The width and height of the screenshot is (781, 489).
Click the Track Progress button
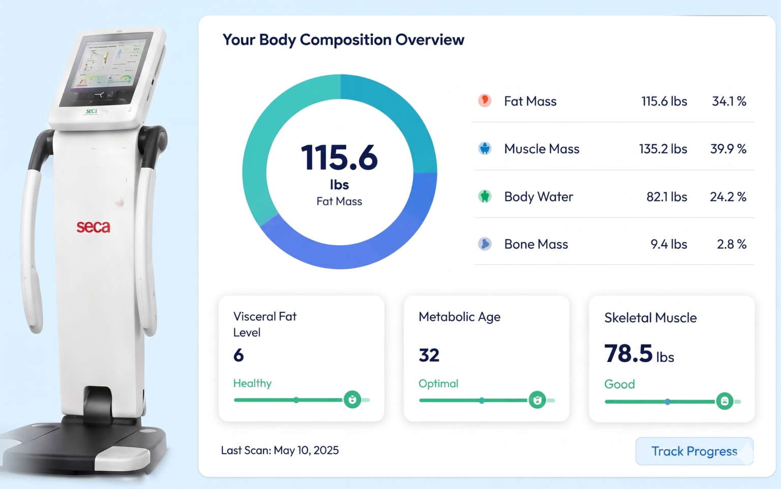694,451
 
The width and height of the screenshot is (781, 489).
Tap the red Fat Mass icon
485,101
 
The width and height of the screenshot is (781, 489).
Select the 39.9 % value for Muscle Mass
728,149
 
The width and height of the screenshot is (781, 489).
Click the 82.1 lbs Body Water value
667,197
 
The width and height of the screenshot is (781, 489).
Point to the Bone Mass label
536,244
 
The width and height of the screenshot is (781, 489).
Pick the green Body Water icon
485,197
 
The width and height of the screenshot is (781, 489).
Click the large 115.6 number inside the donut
339,157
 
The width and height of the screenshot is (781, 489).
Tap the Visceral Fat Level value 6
238,355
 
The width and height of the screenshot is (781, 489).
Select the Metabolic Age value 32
429,355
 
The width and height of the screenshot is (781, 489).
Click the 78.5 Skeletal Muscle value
628,353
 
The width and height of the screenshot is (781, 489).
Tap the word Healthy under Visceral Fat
252,383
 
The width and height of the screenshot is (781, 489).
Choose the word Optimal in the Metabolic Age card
438,383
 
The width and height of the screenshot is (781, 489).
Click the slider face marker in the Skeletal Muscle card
725,401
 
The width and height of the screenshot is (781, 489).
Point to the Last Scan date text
280,450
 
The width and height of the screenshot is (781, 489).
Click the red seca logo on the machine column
93,227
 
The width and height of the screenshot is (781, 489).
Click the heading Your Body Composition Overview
343,40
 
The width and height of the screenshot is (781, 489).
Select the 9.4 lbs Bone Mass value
669,244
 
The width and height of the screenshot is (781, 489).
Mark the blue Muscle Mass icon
485,148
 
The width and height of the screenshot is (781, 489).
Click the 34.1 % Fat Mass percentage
729,102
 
